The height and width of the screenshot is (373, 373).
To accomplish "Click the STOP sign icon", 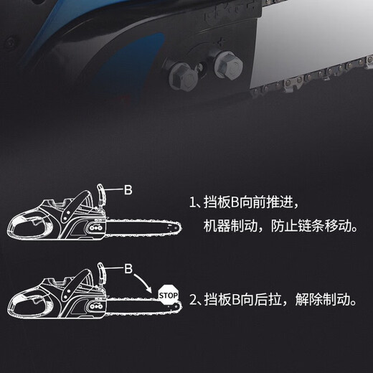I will tap(168, 294).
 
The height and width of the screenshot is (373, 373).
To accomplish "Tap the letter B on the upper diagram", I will tap(128, 191).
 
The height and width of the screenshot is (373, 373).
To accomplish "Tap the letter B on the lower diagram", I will tap(128, 268).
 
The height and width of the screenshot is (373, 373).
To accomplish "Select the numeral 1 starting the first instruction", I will tap(193, 204).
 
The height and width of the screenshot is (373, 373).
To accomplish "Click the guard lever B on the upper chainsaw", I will tap(101, 194).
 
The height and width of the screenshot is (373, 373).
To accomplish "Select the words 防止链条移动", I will tap(318, 227).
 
